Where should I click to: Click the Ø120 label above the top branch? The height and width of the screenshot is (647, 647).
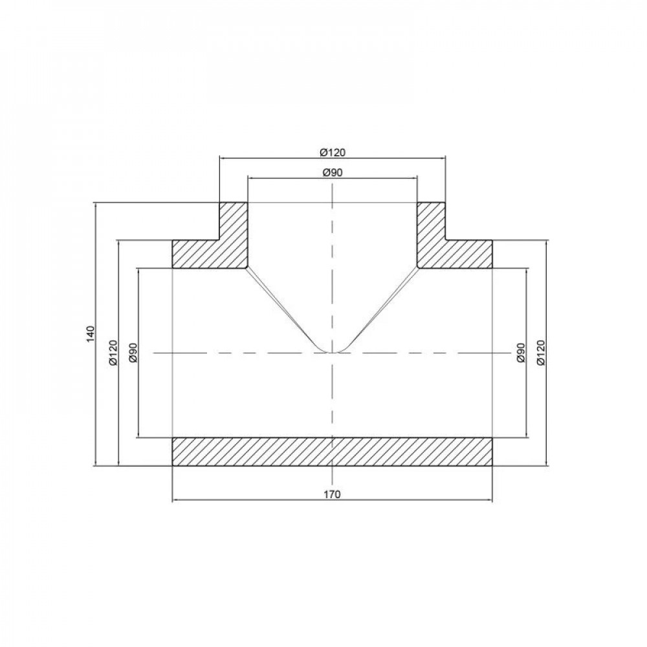(333, 152)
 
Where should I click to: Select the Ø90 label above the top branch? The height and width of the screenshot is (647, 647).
(332, 172)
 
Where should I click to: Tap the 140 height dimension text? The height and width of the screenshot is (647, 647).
(91, 334)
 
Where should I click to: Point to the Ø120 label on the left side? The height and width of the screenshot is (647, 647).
(113, 353)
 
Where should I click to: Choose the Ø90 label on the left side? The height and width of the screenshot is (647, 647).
(134, 353)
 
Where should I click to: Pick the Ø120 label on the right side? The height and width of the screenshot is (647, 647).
(542, 353)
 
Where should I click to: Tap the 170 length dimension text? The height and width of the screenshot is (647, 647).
(332, 494)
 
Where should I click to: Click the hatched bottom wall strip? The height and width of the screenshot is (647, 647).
(332, 452)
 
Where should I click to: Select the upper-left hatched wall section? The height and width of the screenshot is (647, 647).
(214, 249)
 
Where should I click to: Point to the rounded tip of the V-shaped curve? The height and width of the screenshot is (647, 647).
(332, 351)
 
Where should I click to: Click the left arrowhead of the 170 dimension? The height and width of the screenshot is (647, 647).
(175, 500)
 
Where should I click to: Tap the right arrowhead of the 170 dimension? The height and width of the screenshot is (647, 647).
(490, 500)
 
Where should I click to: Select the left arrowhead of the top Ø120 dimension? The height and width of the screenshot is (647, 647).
(223, 157)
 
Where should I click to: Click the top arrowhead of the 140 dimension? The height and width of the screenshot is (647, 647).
(96, 206)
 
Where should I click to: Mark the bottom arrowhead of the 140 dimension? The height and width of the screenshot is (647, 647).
(96, 462)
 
